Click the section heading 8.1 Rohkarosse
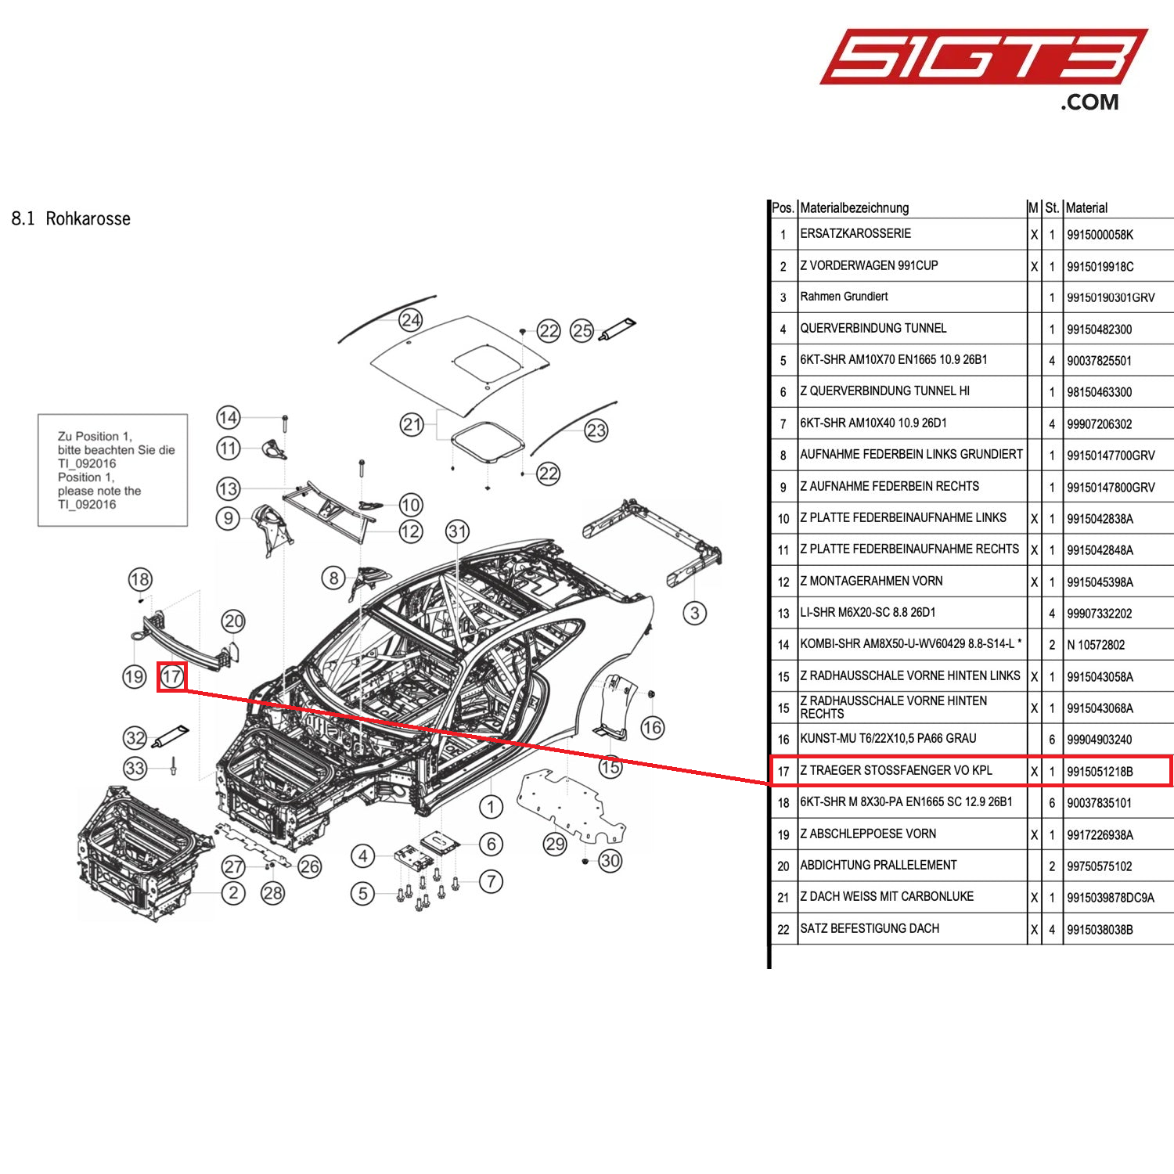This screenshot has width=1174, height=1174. click(71, 218)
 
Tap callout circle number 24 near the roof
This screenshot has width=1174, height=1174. click(410, 319)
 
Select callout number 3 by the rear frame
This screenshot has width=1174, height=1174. click(694, 613)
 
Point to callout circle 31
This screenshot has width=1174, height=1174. click(457, 532)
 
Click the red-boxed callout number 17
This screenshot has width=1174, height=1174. click(172, 676)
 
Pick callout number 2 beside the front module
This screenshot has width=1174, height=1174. click(233, 892)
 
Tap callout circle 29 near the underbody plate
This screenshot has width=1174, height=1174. click(555, 844)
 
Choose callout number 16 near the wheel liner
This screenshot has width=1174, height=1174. click(652, 728)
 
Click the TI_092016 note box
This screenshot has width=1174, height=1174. click(113, 470)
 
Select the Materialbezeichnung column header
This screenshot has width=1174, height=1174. click(855, 208)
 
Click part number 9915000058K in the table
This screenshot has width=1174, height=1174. click(1100, 235)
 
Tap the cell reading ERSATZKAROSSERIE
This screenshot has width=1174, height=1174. click(855, 234)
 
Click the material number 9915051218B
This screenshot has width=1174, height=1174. click(1100, 772)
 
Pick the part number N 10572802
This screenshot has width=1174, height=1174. click(1096, 645)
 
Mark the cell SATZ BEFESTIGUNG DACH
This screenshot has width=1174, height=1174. click(870, 929)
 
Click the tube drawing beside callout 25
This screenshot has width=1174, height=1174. click(618, 329)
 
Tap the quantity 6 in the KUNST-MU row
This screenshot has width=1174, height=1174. click(1052, 740)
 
